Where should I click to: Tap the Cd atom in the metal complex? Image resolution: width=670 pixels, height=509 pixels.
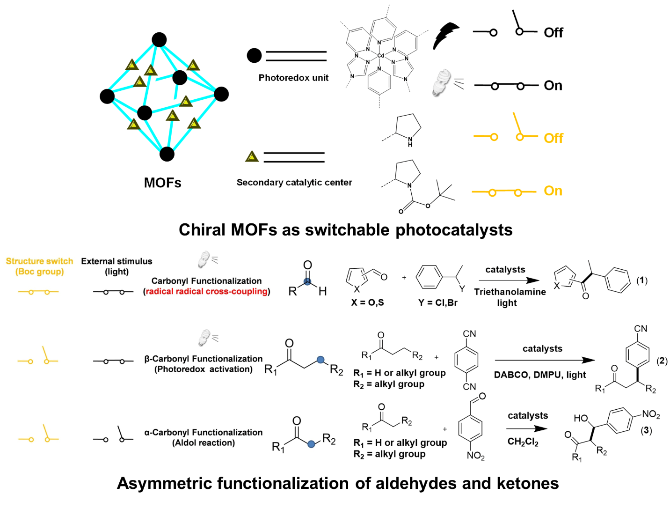point(381,56)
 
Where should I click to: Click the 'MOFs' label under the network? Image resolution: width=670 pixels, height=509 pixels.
point(162,183)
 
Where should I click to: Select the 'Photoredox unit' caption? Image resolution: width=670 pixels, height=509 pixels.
point(293,78)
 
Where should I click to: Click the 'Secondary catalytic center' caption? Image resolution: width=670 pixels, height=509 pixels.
point(294,182)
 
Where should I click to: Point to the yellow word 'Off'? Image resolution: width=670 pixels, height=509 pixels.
point(553,138)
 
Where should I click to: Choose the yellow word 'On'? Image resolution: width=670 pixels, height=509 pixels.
point(553,191)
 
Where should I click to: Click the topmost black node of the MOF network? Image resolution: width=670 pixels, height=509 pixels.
point(159,40)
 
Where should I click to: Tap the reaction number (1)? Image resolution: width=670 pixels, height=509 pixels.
point(641,280)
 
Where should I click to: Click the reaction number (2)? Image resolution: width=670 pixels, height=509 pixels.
point(662,361)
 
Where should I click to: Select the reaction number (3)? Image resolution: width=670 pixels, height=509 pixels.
point(646,430)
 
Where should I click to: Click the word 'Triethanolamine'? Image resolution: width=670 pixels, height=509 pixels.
point(510,292)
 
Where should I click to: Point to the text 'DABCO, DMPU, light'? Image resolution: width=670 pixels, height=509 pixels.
point(539,375)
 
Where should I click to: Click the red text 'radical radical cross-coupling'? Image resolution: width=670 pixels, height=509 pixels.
point(207,291)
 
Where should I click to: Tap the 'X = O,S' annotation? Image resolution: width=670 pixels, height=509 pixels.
point(367,302)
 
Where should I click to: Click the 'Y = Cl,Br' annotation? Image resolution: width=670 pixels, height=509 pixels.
point(437,302)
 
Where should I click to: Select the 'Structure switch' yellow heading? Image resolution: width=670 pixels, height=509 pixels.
point(39,261)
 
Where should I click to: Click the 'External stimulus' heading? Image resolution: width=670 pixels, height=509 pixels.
point(117,261)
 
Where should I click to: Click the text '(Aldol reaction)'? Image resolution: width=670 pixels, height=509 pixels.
point(204,443)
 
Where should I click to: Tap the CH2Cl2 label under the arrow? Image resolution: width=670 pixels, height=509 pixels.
point(523,442)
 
